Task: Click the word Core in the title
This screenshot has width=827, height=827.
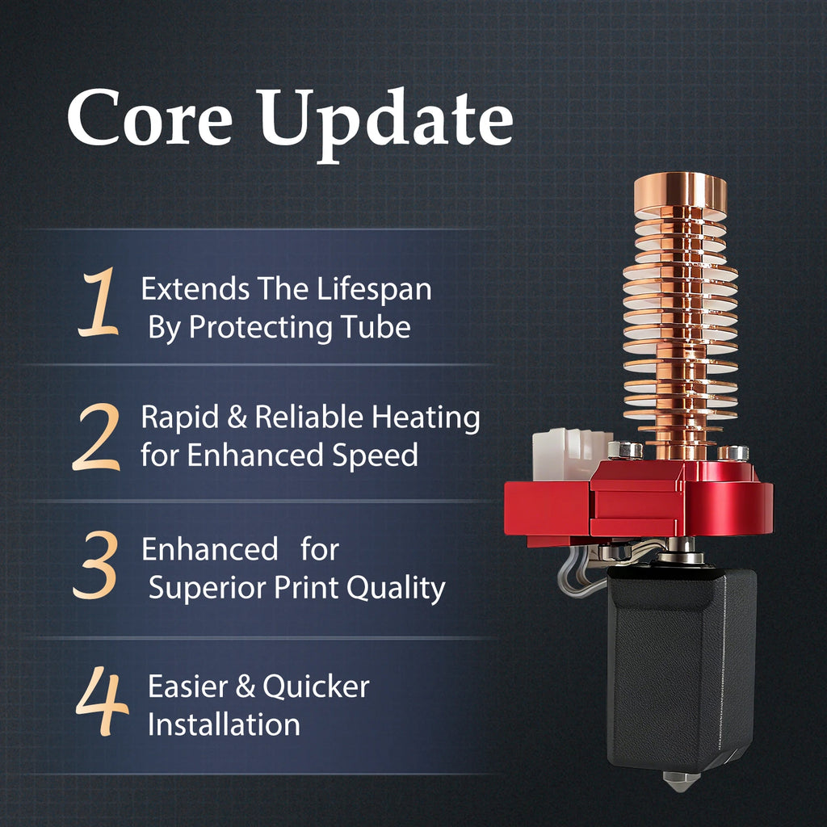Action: pos(149,117)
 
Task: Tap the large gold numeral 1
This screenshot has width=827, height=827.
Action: pos(98,302)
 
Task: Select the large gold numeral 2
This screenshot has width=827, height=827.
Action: pos(97,437)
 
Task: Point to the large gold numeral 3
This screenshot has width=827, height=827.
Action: pos(95,565)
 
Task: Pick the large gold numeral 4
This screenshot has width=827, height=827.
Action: pos(103,701)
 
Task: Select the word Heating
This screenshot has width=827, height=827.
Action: pos(426,419)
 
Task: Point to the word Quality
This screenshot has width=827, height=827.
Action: pos(396,589)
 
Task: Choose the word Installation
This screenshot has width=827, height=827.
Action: pos(224,724)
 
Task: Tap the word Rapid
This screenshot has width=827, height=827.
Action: pos(180,418)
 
